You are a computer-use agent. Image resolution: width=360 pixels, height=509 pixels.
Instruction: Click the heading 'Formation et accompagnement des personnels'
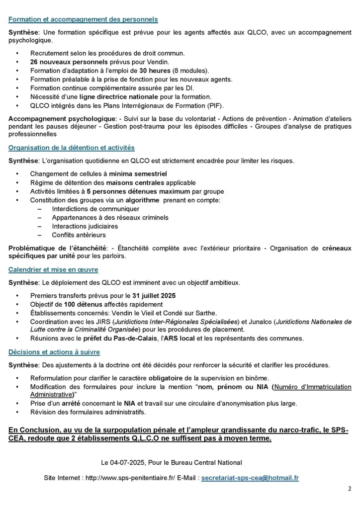(83, 19)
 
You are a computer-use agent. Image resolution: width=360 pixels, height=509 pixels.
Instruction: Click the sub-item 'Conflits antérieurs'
(79, 235)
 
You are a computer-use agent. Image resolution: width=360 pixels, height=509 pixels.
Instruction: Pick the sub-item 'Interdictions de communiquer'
(89, 209)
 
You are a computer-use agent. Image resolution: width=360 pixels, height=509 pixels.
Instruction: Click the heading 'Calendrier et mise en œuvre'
(53, 270)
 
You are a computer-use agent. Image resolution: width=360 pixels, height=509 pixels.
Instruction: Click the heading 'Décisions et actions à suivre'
(54, 352)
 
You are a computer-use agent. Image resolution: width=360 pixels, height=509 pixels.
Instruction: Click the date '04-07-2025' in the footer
(131, 463)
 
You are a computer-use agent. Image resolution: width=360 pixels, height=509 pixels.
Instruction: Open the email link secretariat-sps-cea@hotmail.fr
(250, 478)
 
